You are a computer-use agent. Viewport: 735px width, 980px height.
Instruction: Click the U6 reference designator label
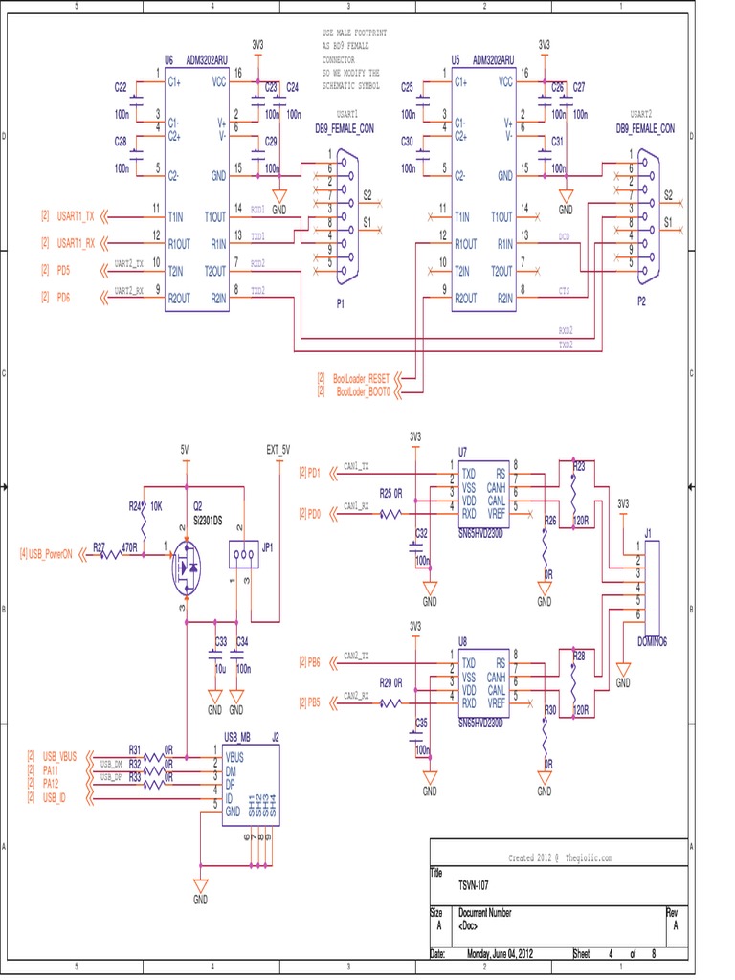[x=168, y=58]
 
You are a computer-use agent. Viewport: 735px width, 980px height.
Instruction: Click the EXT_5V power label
[x=278, y=449]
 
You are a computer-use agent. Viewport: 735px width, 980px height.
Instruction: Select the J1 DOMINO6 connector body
[x=654, y=584]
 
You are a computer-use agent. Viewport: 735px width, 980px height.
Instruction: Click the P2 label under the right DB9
[x=642, y=299]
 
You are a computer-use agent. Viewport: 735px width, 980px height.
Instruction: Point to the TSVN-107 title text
[x=477, y=885]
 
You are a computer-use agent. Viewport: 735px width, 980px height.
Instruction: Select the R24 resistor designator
[x=135, y=506]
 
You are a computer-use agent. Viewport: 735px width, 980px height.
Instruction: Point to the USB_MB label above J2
[x=237, y=737]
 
